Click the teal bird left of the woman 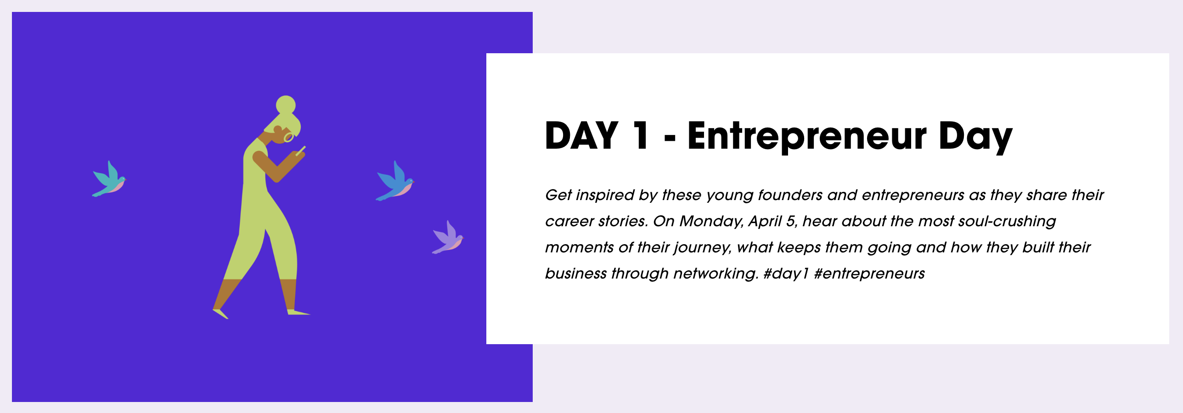(109, 179)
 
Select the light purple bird (448, 238)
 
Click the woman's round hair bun (286, 105)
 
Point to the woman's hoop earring (289, 137)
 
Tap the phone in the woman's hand (301, 151)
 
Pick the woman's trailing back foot (220, 313)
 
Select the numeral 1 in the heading (641, 135)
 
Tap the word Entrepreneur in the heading (807, 136)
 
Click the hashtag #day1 (785, 273)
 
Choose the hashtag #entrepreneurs (869, 274)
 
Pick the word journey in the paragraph (703, 248)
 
